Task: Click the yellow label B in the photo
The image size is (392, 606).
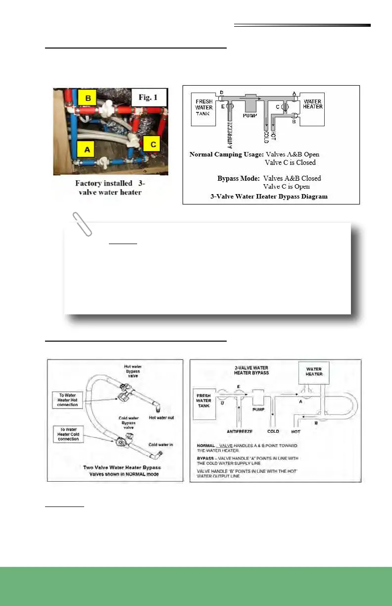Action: pyautogui.click(x=88, y=98)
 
